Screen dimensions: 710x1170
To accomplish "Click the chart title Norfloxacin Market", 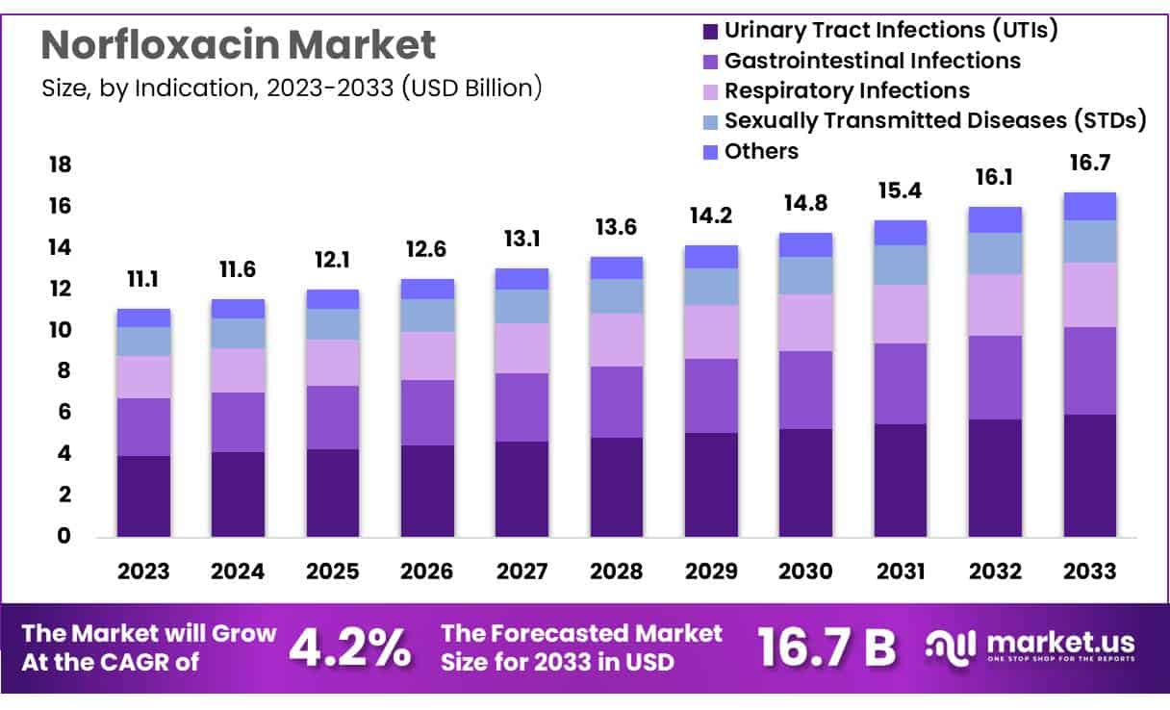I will coord(239,44).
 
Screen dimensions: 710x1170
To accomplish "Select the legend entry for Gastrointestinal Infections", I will coord(872,61).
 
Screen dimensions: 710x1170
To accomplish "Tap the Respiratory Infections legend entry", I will coord(847,90).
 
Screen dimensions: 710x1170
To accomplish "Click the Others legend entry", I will coord(761,151).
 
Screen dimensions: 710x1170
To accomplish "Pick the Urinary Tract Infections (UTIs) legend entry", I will coord(891,30).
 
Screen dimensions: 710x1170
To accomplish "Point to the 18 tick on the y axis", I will coord(60,165).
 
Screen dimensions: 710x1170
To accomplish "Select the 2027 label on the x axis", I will coord(521,571).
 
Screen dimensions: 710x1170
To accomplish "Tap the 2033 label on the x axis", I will coord(1089,571).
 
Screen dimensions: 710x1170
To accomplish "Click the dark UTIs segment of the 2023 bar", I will coord(143,495).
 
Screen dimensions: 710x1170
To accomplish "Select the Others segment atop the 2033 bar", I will coord(1089,206).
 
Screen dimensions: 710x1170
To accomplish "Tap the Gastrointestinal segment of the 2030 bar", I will coord(805,390).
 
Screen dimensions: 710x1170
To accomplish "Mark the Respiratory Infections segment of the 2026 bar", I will coord(427,356).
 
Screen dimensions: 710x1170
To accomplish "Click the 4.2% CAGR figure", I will coord(350,648).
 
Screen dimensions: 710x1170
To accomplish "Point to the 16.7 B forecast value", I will coord(827,648).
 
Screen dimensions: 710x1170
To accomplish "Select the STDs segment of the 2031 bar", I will coord(901,265).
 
